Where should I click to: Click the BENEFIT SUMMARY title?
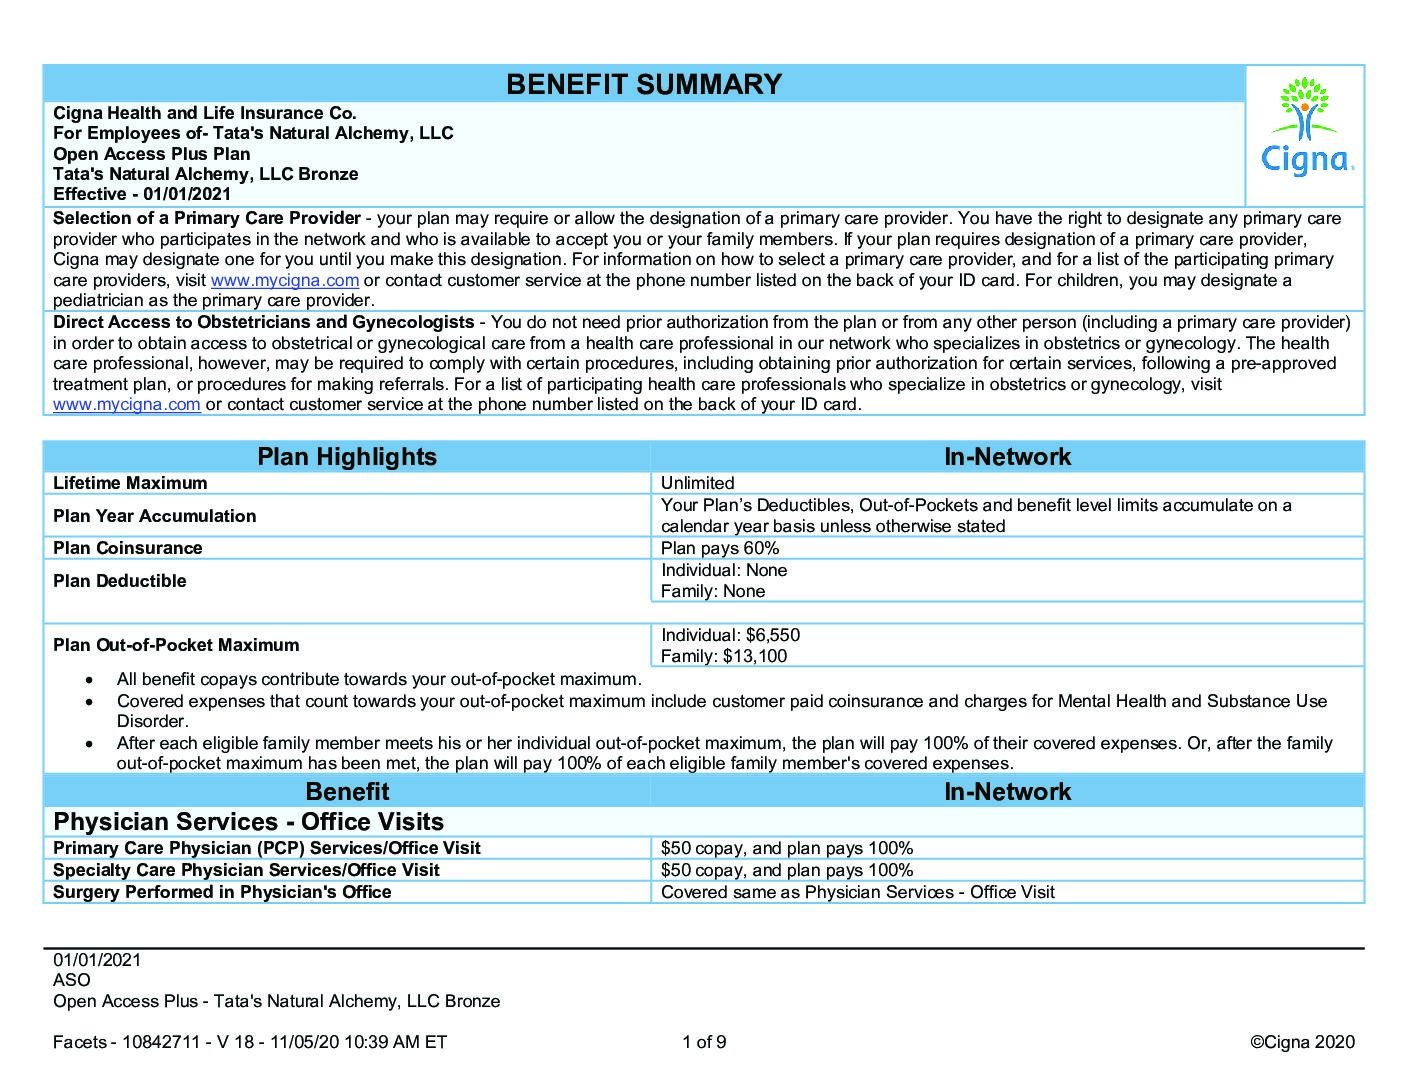click(644, 84)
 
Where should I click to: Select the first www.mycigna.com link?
click(284, 281)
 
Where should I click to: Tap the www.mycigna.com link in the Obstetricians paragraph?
click(127, 405)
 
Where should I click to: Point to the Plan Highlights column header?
click(347, 457)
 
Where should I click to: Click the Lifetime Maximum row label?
click(130, 483)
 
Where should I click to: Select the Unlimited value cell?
click(698, 483)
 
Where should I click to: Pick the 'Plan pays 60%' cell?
click(720, 548)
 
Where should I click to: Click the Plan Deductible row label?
click(119, 581)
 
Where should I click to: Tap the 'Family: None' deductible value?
click(713, 592)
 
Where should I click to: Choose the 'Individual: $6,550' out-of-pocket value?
click(730, 635)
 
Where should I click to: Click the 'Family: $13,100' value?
click(724, 657)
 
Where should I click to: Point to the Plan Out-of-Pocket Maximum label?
click(176, 645)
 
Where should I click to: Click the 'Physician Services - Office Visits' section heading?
click(248, 822)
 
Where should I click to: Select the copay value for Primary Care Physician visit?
click(787, 848)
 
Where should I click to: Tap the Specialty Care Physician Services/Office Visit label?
click(246, 870)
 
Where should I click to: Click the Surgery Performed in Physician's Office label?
click(222, 892)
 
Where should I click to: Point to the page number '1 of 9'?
click(704, 1042)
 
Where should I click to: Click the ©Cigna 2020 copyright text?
click(1302, 1042)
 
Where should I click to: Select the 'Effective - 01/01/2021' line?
click(142, 194)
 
